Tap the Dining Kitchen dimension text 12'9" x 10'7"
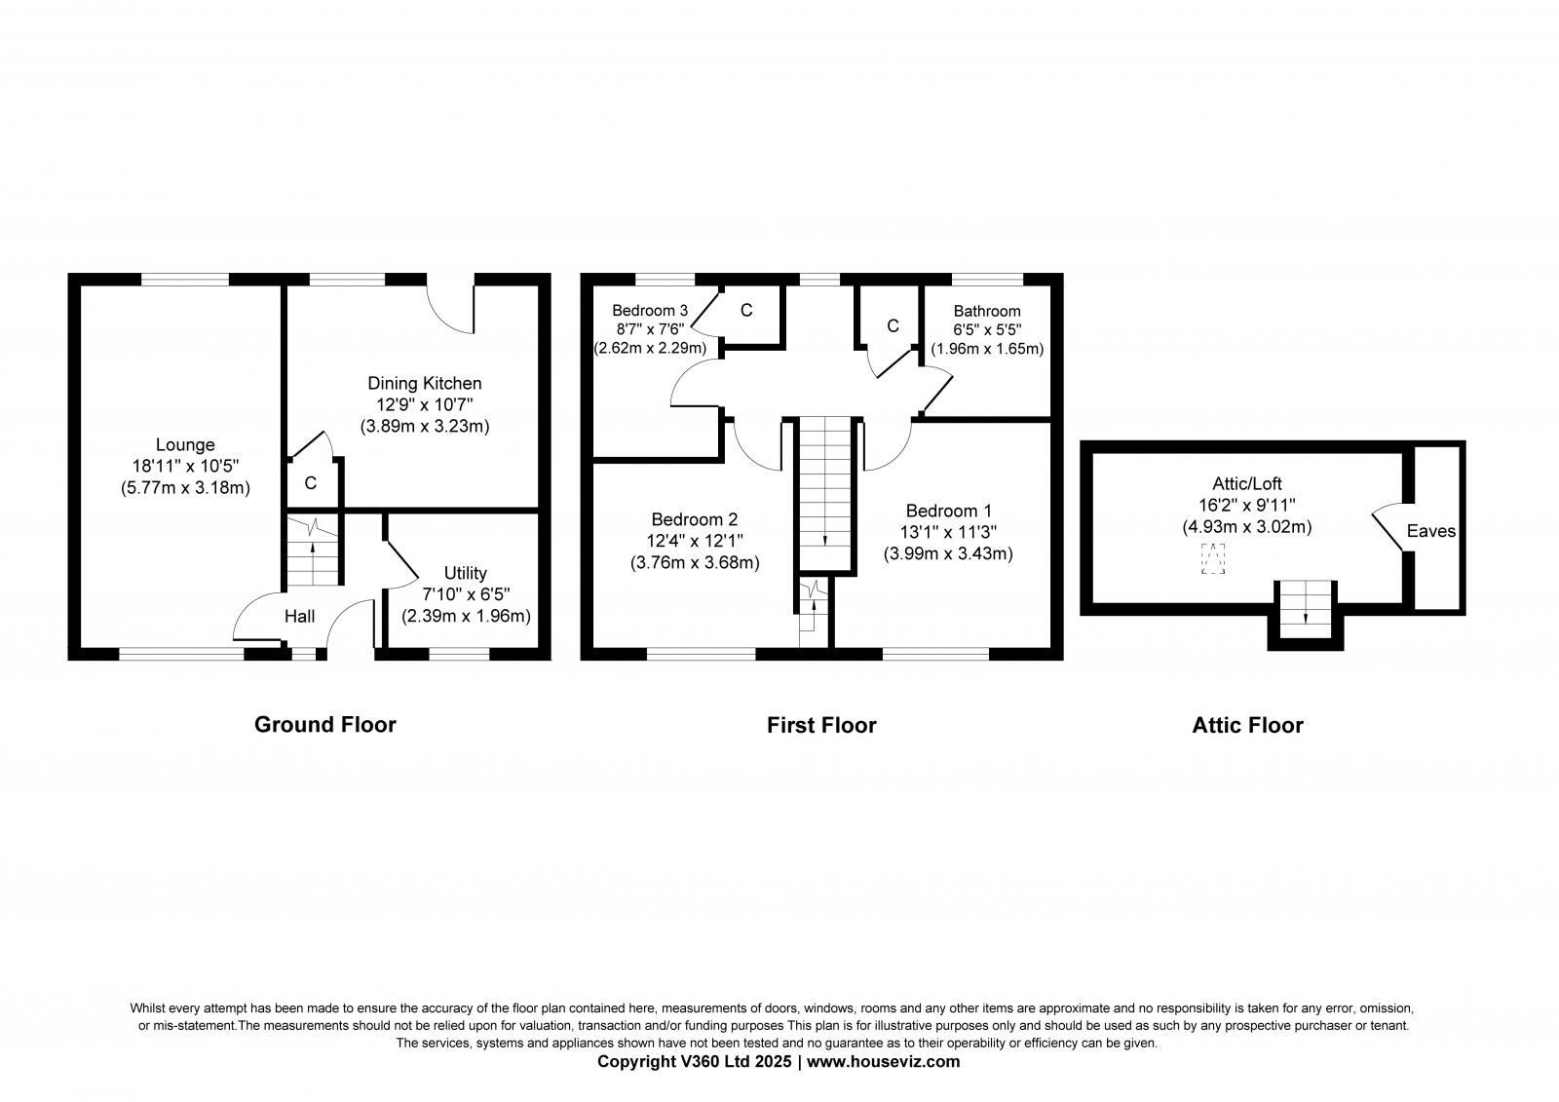tap(424, 404)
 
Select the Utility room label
tap(465, 573)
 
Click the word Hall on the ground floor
tap(299, 617)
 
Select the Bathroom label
tap(987, 311)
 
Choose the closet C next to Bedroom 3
tap(746, 311)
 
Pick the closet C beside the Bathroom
tap(892, 325)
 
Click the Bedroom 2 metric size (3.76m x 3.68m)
tap(695, 562)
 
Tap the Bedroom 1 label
tap(948, 511)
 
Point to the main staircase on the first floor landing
tap(826, 492)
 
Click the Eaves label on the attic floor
tap(1431, 531)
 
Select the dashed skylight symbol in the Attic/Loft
tap(1213, 560)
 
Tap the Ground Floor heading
tap(324, 725)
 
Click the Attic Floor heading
tap(1247, 726)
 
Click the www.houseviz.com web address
tap(883, 1062)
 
